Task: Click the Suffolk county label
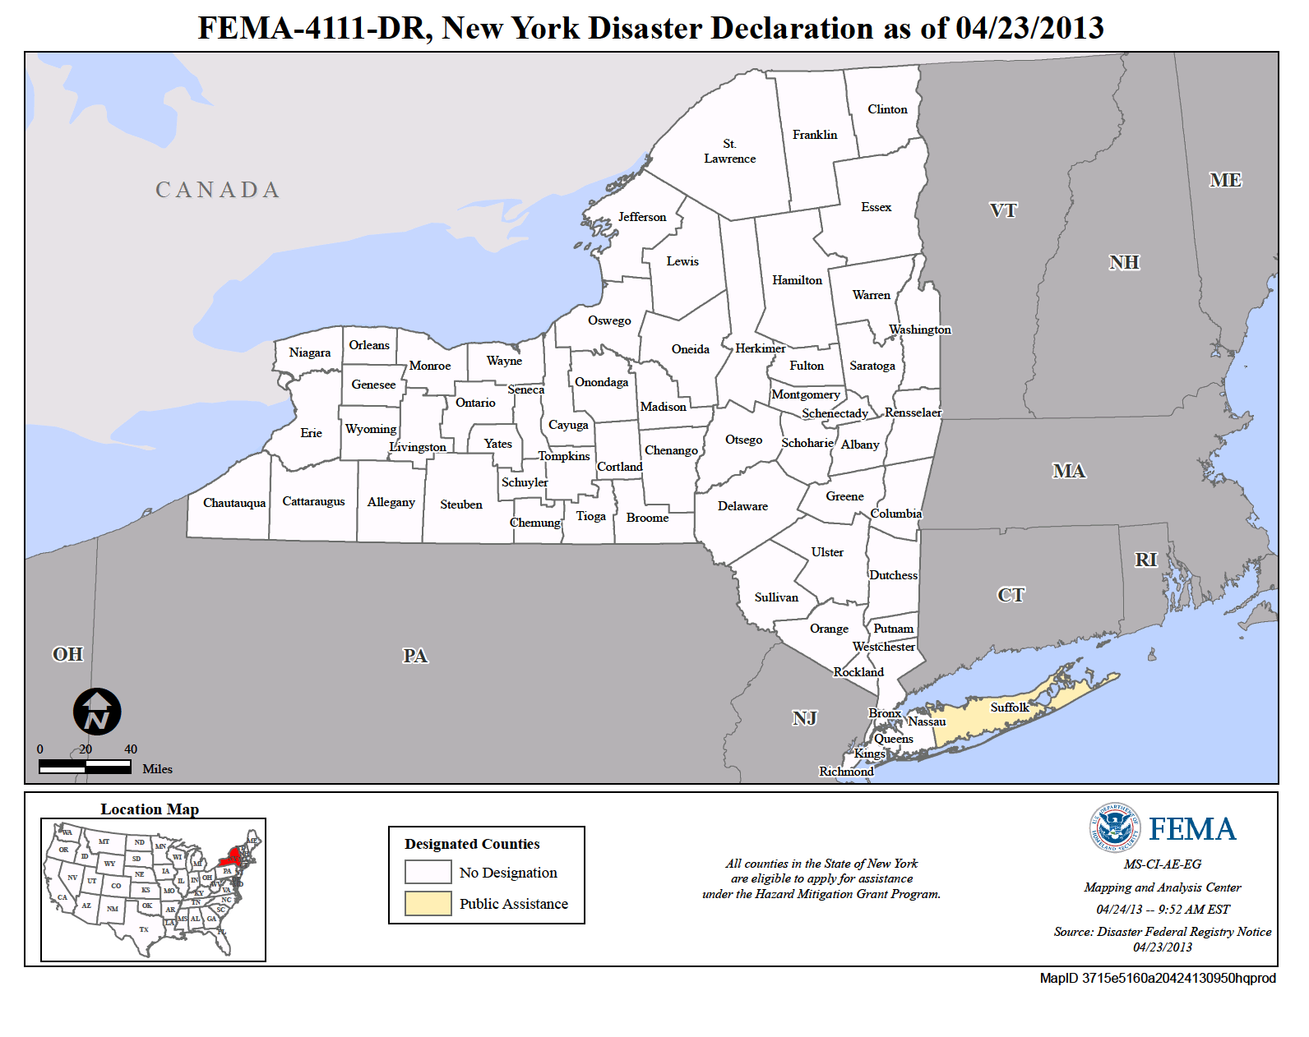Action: click(1009, 707)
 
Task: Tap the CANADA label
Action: click(218, 190)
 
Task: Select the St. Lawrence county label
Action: click(729, 151)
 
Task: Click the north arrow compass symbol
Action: click(97, 712)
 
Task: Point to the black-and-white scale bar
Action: click(85, 767)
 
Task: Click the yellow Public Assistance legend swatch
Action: click(428, 903)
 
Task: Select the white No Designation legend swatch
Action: click(428, 872)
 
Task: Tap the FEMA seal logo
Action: click(1114, 827)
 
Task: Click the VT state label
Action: click(1003, 210)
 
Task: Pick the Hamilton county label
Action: click(797, 280)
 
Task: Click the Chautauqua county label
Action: click(234, 503)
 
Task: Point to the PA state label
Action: click(415, 656)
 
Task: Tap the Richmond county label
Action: click(846, 771)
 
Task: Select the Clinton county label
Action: click(887, 109)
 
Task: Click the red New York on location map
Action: click(231, 860)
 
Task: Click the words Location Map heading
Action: click(150, 809)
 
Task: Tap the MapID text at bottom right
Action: click(1157, 978)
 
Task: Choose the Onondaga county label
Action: click(601, 382)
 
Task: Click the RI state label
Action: click(1145, 560)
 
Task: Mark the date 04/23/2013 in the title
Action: click(1029, 29)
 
